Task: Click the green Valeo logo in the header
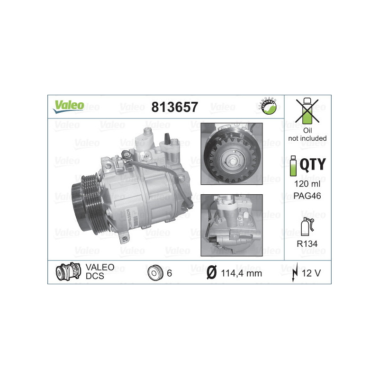tap(68, 106)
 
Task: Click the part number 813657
tap(174, 107)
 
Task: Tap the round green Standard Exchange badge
tap(268, 106)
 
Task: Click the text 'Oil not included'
tap(307, 135)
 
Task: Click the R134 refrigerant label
tap(308, 244)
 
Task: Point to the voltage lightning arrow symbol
tap(296, 273)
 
